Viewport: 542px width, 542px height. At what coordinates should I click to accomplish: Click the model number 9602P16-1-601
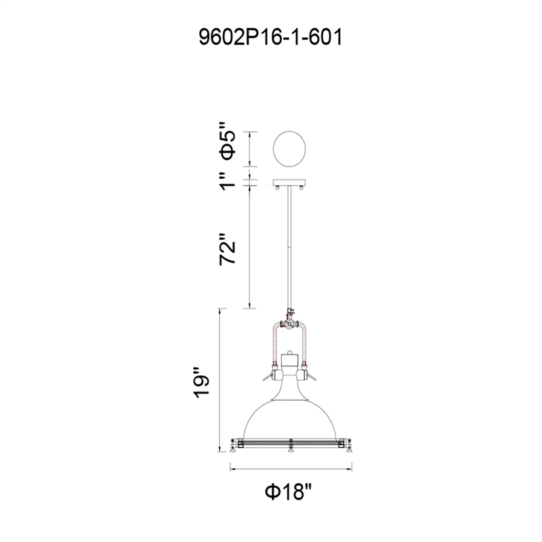coord(270,37)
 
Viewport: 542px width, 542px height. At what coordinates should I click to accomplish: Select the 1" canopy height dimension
coord(228,182)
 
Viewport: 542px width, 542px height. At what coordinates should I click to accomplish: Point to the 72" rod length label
coord(228,249)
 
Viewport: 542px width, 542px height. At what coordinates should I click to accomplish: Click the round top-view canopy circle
coord(289,149)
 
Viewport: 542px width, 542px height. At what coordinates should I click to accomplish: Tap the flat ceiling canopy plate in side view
coord(289,182)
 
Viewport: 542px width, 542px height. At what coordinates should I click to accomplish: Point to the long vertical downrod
coord(289,247)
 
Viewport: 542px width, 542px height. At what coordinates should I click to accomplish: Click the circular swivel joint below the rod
coord(289,325)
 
